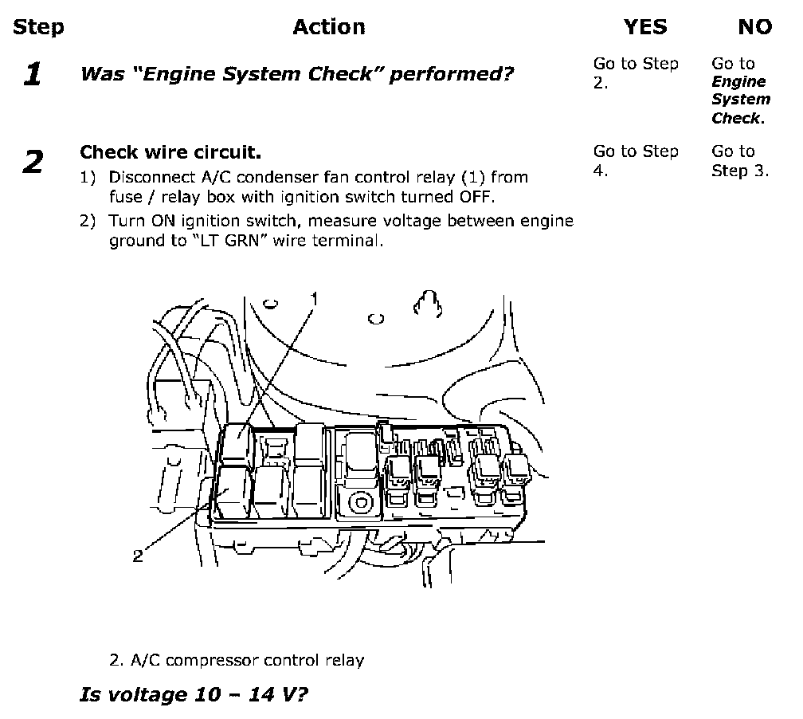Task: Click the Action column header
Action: [x=329, y=26]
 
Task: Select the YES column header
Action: [x=645, y=26]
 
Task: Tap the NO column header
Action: [x=755, y=26]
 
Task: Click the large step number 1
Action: [x=32, y=74]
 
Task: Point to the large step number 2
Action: [x=33, y=162]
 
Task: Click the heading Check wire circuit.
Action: [x=170, y=152]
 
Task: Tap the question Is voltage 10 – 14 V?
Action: [x=194, y=694]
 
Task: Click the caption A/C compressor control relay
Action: [x=237, y=660]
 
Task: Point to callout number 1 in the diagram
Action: [x=315, y=299]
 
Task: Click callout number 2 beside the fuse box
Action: [x=138, y=556]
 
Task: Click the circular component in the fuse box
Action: [x=361, y=502]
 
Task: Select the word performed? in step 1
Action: [x=451, y=75]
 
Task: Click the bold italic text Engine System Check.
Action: [x=740, y=100]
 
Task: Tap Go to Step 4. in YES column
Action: [x=636, y=160]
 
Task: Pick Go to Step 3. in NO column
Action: [x=740, y=160]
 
